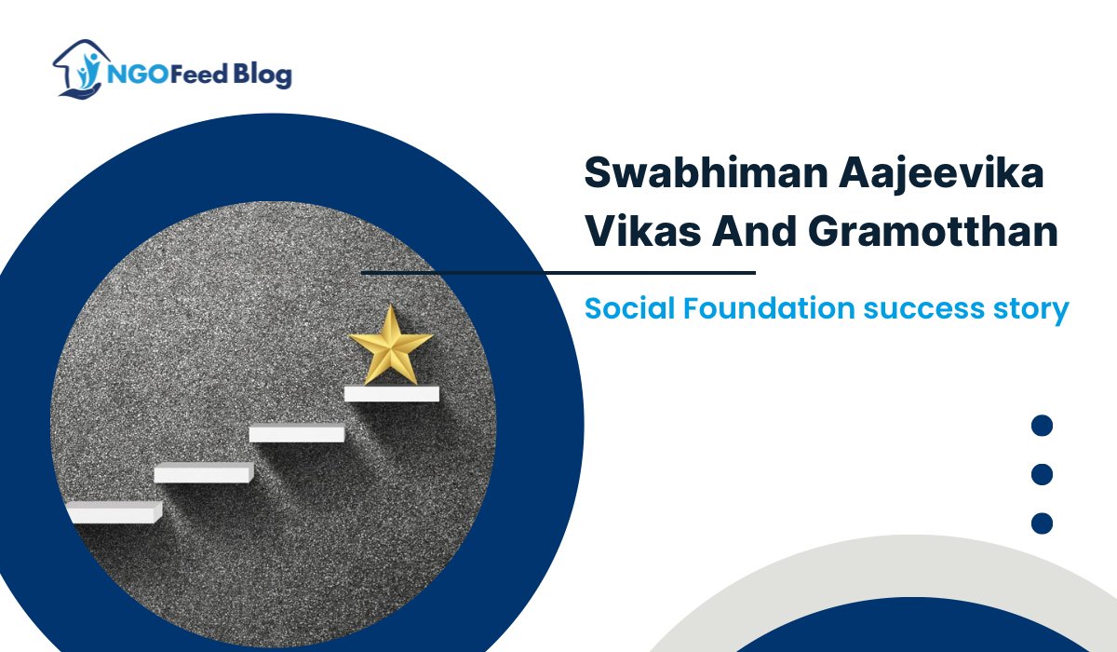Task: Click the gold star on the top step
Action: click(390, 346)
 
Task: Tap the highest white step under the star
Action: click(391, 394)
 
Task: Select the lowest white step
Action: click(114, 511)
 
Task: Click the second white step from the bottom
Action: click(203, 472)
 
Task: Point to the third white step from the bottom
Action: click(297, 433)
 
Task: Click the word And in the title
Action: click(754, 230)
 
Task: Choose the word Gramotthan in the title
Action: click(936, 230)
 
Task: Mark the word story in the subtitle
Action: click(1028, 308)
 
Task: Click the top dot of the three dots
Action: click(1043, 426)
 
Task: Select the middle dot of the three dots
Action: click(1043, 474)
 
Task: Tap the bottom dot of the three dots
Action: click(1043, 523)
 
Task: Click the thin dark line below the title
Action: click(558, 273)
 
